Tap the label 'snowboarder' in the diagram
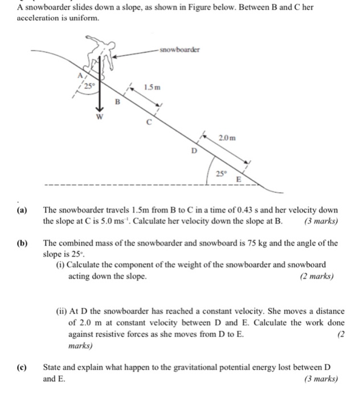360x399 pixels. (x=179, y=50)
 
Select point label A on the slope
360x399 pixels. (x=80, y=75)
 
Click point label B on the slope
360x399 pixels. (x=118, y=103)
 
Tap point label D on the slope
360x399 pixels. (x=193, y=151)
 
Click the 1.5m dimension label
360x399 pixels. (x=153, y=87)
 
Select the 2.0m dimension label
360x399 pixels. (x=228, y=138)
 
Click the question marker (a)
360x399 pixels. (x=23, y=210)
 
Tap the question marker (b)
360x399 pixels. (x=23, y=243)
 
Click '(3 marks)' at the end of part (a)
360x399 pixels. (x=321, y=221)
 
